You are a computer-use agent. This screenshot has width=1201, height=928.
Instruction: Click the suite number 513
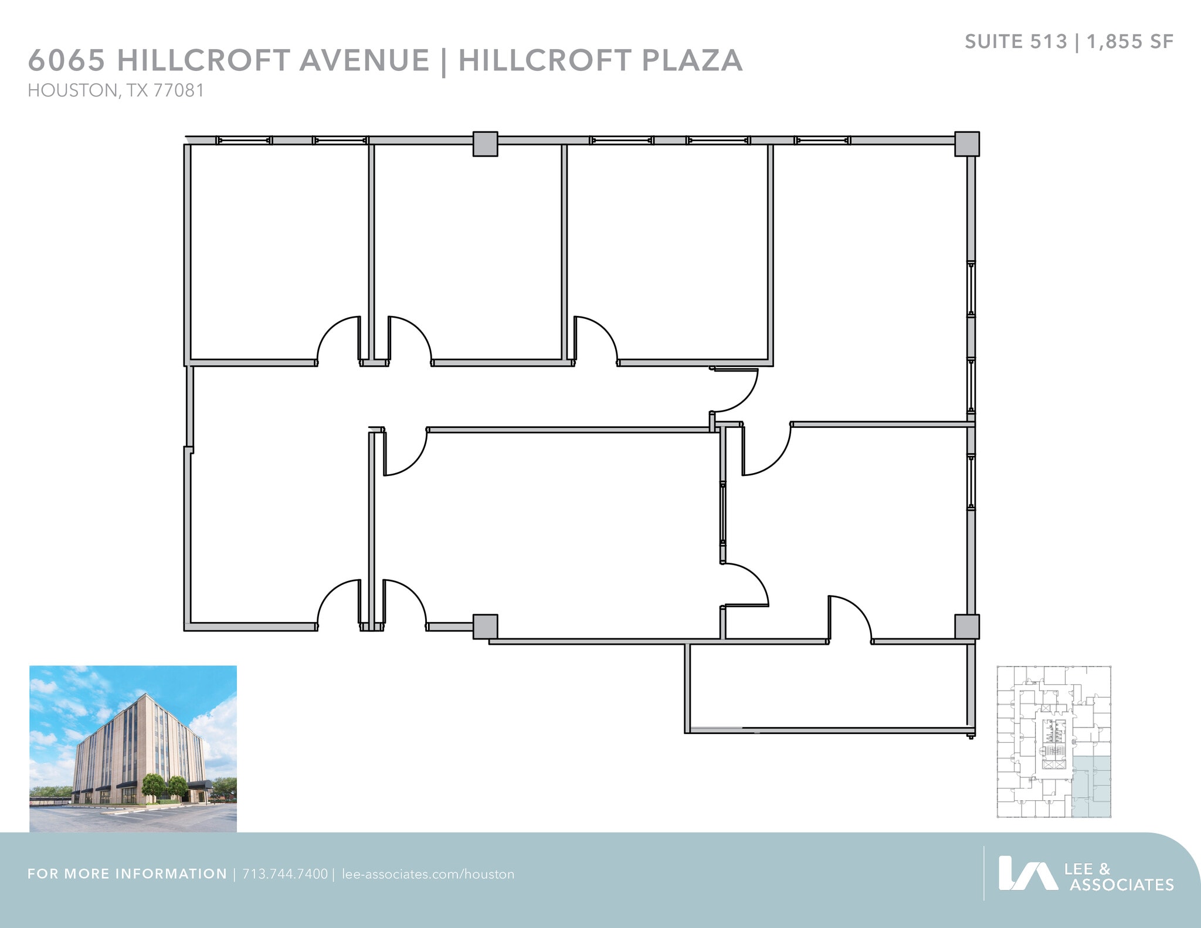point(1050,42)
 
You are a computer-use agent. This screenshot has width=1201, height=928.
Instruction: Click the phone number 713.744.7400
point(285,874)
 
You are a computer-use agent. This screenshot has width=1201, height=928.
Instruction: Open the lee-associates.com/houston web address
point(428,874)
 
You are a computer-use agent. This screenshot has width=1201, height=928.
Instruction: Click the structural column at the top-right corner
point(966,144)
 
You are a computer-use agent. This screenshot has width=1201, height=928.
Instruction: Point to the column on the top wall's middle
point(485,144)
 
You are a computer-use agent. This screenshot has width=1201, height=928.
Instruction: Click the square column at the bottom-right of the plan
point(966,626)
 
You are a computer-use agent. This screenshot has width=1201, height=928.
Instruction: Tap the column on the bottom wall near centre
point(485,626)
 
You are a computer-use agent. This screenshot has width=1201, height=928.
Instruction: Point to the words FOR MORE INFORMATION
point(127,874)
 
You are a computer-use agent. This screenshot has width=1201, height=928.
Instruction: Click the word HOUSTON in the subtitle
point(72,91)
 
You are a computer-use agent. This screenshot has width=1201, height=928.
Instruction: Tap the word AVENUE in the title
point(364,60)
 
